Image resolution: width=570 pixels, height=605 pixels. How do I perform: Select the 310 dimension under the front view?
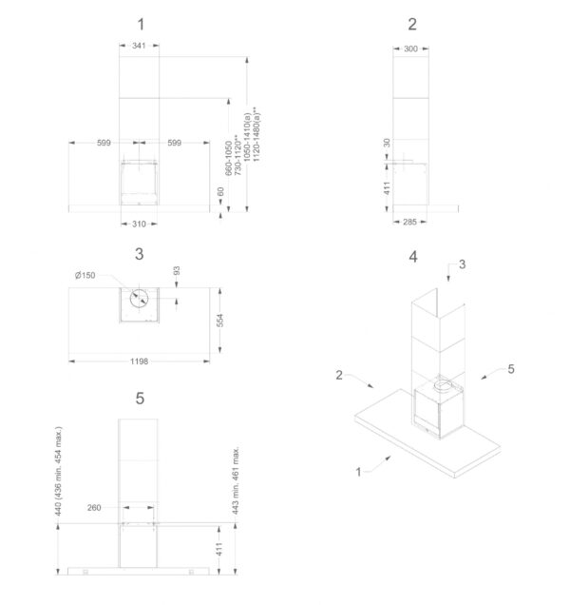pyautogui.click(x=140, y=223)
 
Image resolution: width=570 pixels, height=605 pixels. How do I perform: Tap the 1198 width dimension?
pyautogui.click(x=140, y=361)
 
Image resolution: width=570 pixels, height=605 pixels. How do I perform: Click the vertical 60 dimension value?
pyautogui.click(x=221, y=192)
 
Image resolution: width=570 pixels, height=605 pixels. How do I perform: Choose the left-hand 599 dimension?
pyautogui.click(x=104, y=143)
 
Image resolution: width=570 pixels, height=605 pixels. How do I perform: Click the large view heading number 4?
pyautogui.click(x=412, y=257)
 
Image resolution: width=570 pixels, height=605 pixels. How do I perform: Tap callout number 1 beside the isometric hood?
pyautogui.click(x=358, y=470)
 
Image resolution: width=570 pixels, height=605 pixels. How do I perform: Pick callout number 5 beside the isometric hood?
pyautogui.click(x=510, y=367)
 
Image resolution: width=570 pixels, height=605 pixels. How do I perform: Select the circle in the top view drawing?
pyautogui.click(x=140, y=297)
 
